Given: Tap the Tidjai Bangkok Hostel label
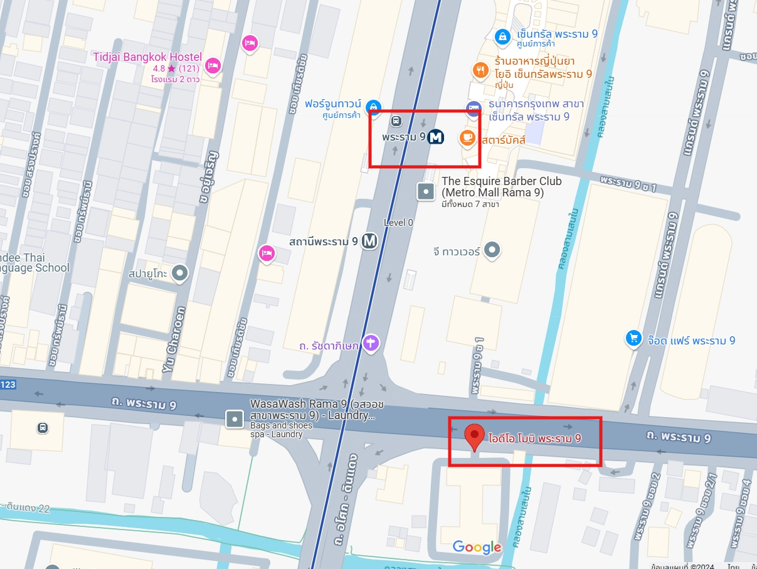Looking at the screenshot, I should (x=147, y=57).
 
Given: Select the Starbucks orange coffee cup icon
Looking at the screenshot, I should (x=467, y=138).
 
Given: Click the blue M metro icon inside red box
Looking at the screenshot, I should (x=436, y=137).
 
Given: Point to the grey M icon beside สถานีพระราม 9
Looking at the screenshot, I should (x=369, y=241).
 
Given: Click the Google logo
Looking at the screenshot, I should (x=477, y=547).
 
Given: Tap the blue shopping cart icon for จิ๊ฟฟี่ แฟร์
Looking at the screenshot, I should (x=634, y=339).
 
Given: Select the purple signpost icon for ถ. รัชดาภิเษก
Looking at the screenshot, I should (x=371, y=343).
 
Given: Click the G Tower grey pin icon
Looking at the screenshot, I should (x=493, y=250).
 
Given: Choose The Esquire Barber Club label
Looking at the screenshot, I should (x=502, y=187).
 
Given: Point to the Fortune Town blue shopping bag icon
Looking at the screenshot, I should (x=374, y=107).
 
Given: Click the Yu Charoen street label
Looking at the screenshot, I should (x=176, y=339).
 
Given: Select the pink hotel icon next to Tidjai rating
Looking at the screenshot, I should (x=213, y=65).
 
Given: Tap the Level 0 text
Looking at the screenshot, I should (x=398, y=223).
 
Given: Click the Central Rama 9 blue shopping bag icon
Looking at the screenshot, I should (x=502, y=37).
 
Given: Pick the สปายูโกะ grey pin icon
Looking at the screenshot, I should (x=180, y=273).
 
